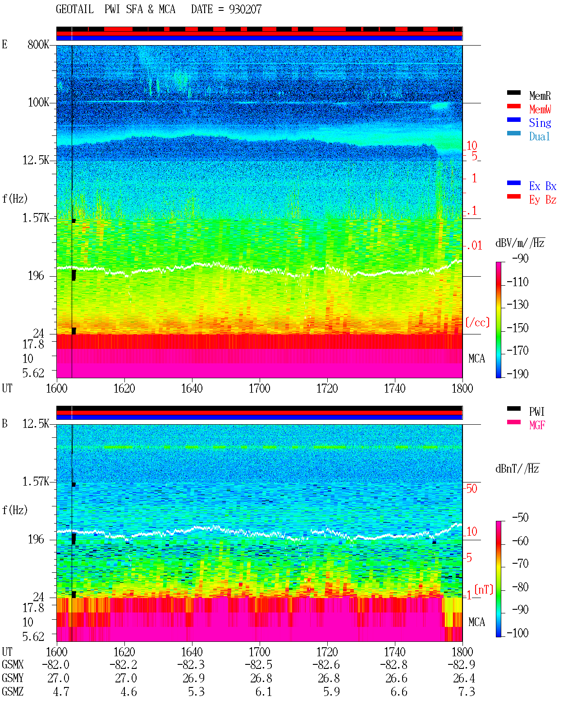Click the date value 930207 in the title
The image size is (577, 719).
245,9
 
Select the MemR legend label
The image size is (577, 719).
540,96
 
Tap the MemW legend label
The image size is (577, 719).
540,109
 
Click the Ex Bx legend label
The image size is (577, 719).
542,186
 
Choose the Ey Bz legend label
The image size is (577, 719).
542,199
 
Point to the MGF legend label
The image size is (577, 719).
537,425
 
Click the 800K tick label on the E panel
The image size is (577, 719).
38,44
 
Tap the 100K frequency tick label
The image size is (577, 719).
38,102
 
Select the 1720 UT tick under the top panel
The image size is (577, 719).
327,388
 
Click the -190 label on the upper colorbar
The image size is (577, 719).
517,374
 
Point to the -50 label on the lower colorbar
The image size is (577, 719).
520,518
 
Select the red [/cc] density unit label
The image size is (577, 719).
477,322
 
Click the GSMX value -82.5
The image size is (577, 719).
259,664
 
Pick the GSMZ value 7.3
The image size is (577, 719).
467,691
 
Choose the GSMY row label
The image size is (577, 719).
13,678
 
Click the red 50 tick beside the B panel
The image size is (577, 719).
472,488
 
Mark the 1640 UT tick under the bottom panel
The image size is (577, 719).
192,651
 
